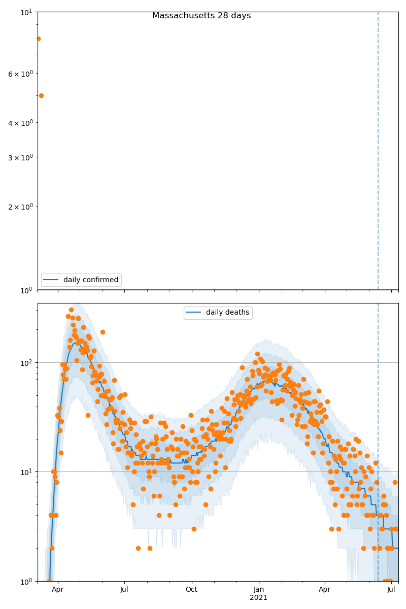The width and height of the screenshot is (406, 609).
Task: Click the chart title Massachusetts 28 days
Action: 201,16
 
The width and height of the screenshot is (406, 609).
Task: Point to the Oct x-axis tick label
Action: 191,590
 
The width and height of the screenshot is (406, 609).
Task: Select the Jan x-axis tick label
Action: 259,590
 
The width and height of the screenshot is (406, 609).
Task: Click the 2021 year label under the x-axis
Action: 259,598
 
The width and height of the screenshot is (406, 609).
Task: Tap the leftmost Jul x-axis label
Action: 124,590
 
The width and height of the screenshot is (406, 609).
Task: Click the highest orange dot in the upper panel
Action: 38,39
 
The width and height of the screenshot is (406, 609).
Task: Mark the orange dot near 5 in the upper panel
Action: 41,95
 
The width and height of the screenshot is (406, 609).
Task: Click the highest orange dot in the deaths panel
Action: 71,310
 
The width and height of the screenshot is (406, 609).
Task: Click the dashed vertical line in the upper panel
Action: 378,152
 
